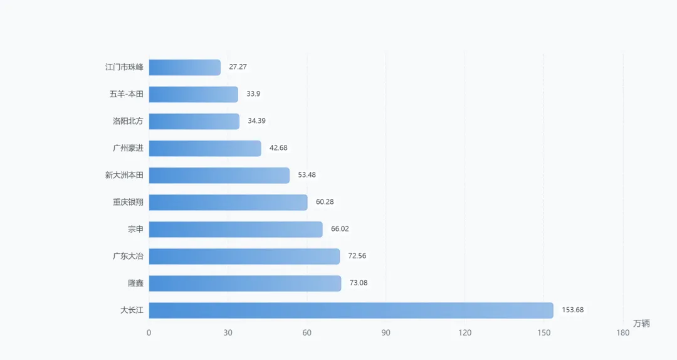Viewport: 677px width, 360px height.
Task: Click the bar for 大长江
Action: tap(351, 310)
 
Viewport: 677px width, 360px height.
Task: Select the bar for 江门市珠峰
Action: tap(185, 67)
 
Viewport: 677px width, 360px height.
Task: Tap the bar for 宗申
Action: tap(236, 230)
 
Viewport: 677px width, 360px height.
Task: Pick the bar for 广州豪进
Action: tap(205, 148)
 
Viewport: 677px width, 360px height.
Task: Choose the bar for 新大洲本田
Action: tap(219, 176)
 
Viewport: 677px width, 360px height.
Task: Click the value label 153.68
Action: tap(572, 310)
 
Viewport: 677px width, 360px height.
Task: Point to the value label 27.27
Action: tap(238, 67)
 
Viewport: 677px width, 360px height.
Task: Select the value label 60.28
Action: tap(325, 202)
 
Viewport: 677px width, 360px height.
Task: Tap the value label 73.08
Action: tap(359, 283)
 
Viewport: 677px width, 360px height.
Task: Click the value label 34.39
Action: tap(256, 121)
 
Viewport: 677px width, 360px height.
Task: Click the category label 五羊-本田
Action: tap(126, 94)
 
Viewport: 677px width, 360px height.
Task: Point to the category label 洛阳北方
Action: tap(128, 121)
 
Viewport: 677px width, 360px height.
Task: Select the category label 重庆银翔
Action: tap(128, 202)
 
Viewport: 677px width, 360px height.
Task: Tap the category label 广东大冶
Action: tap(128, 257)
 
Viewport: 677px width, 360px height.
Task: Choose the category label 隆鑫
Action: tap(135, 283)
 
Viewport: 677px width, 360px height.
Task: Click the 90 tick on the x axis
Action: tap(386, 333)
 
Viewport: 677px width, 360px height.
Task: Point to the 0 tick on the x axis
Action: tap(149, 333)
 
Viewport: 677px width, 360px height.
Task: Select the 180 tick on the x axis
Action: tap(623, 333)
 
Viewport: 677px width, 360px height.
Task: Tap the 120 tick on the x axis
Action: tap(465, 333)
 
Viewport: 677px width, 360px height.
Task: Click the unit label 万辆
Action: tap(641, 323)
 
